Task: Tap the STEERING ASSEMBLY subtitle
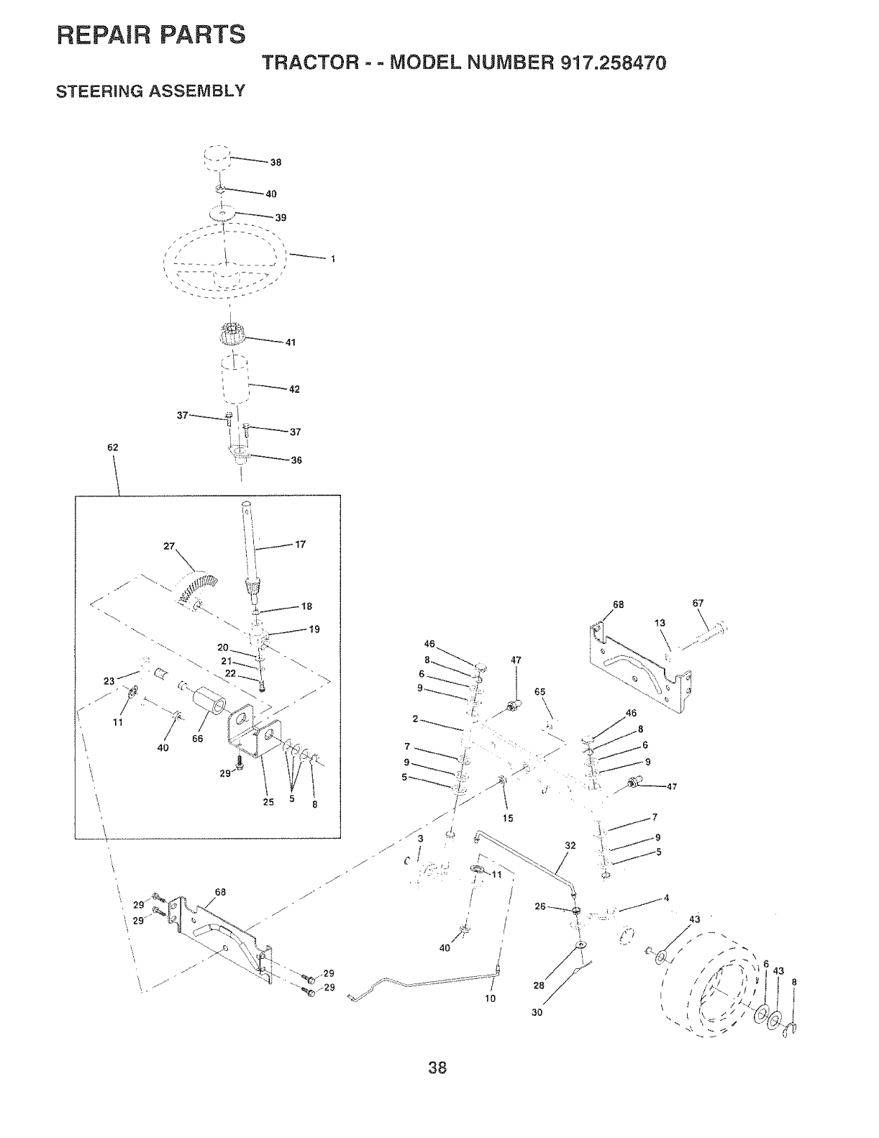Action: pos(151,91)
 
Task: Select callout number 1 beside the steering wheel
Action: pos(333,260)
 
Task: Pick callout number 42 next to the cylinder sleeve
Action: pos(293,389)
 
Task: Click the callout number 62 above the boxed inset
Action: pos(111,447)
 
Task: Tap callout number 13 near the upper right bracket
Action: pos(660,623)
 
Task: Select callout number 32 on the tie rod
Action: pos(570,846)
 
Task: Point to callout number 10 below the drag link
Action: pos(491,998)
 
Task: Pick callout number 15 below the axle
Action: pos(509,818)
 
